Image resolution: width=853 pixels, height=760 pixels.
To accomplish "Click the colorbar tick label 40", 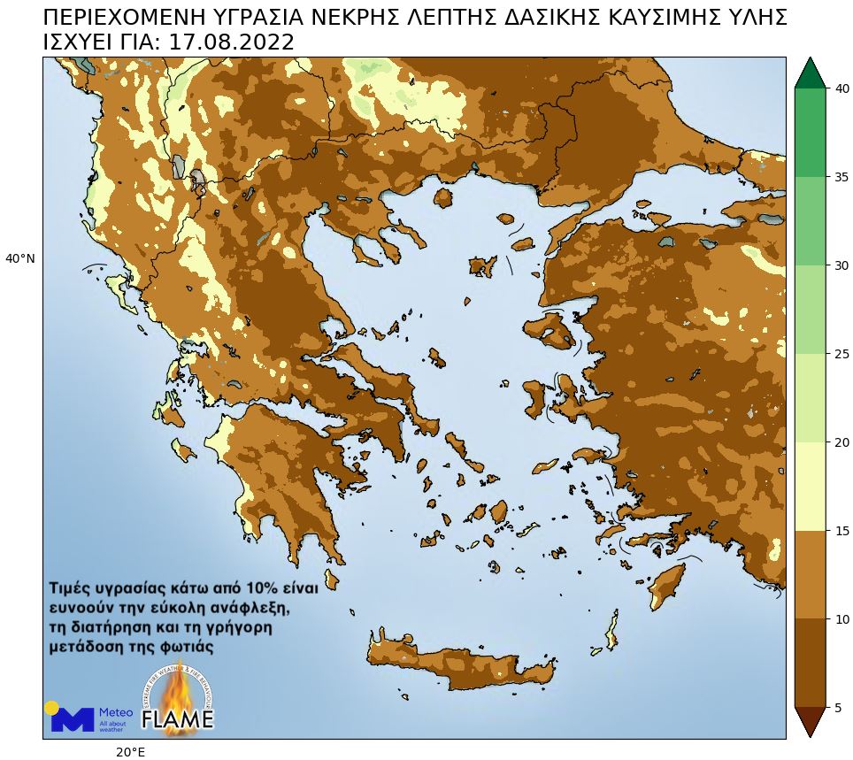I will coord(843,88).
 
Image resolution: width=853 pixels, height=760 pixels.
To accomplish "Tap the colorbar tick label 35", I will coord(843,177).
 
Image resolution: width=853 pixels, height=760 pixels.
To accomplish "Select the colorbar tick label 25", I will coord(843,354).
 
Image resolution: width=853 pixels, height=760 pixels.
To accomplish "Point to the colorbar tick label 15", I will coord(843,531).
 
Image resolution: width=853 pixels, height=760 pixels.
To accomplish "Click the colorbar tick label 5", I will coord(840,708).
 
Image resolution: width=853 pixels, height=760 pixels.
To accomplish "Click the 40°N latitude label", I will coord(20,259).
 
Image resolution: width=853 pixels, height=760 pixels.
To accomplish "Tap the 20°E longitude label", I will coord(130,752).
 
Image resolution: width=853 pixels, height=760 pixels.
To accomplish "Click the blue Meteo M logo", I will coord(72,718).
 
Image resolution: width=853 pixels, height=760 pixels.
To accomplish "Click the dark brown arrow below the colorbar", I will coord(810,720).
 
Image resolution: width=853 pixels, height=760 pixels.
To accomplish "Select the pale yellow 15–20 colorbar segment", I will coord(810,487).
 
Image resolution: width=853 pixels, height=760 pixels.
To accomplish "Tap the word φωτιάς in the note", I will coord(185,647).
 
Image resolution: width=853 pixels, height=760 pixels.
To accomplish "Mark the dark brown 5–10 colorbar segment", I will coord(810,664).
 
